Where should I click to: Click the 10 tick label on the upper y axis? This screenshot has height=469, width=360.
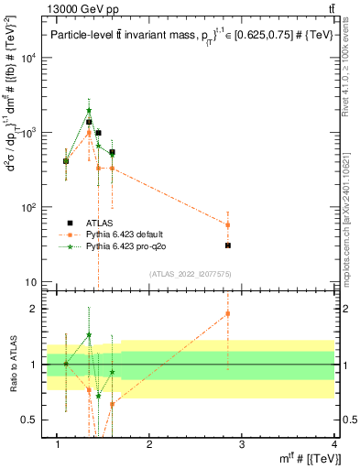(x=33, y=282)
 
